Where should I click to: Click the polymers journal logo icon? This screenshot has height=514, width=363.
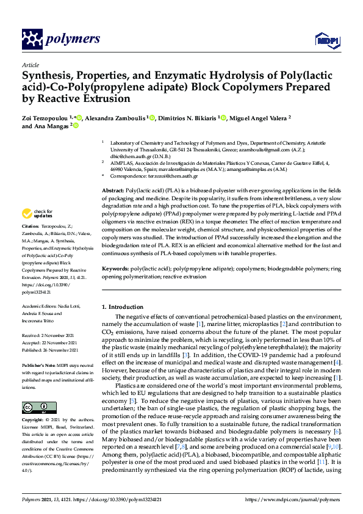pos(31,39)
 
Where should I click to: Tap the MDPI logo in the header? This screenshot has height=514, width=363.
pos(323,40)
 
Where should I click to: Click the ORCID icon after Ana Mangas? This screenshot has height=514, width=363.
pos(76,126)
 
